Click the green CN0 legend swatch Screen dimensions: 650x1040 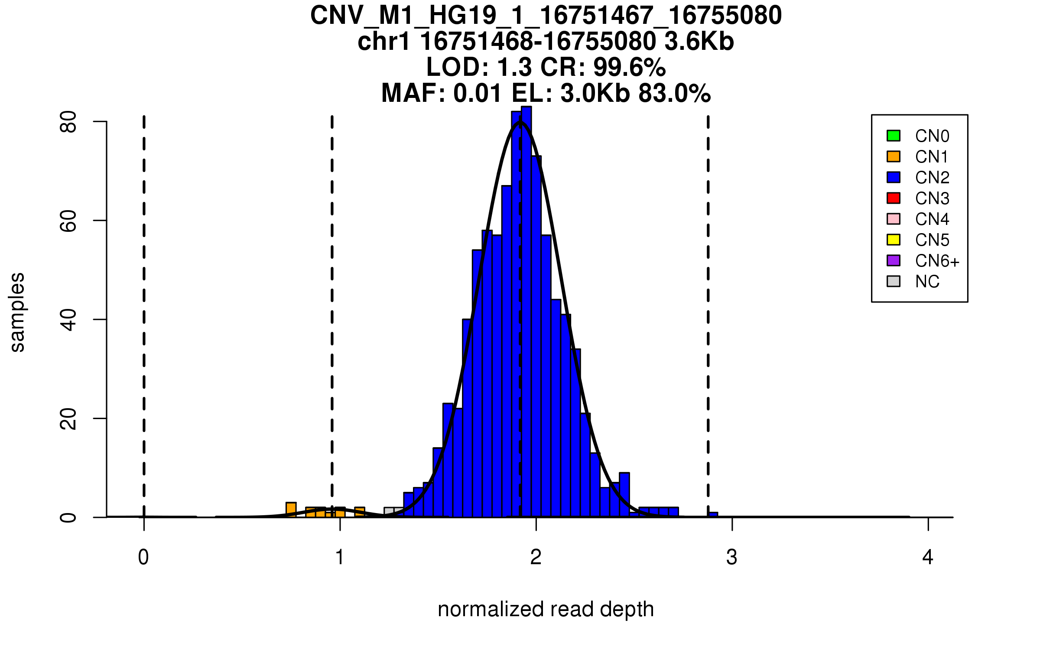click(894, 136)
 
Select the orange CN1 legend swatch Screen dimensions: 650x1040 click(894, 156)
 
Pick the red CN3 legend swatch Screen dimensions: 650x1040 click(894, 198)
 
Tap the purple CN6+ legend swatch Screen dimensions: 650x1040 click(894, 260)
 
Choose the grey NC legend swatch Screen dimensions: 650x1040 click(894, 281)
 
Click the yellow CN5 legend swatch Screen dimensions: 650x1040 click(894, 240)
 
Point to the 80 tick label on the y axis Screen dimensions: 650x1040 click(68, 122)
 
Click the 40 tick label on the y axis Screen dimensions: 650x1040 click(68, 320)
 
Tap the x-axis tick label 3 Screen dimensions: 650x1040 click(732, 557)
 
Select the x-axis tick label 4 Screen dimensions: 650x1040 click(928, 557)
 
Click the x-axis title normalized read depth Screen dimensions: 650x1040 click(546, 609)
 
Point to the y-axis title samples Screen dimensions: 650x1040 click(17, 312)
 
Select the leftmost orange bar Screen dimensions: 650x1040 click(291, 510)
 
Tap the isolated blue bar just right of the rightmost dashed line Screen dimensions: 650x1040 click(713, 515)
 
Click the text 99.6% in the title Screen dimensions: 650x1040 click(630, 67)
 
